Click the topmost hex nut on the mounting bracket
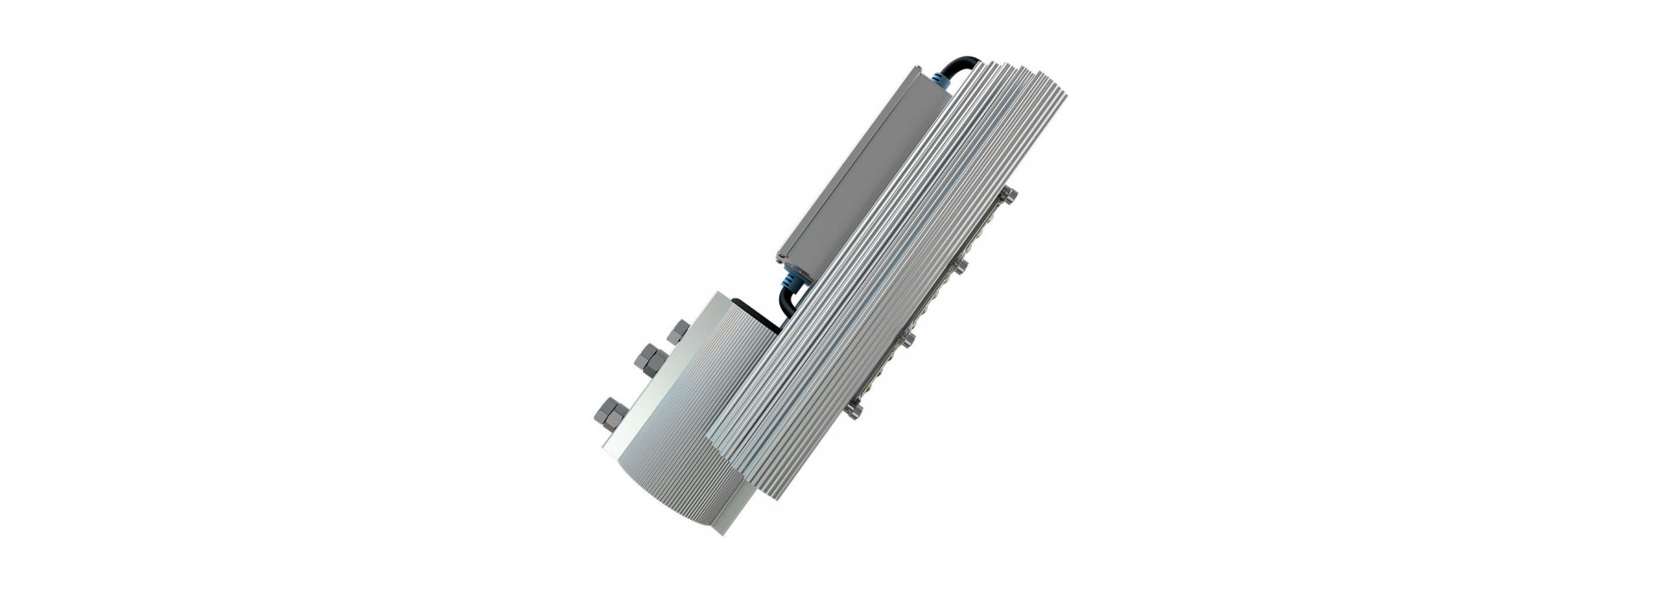coord(678,331)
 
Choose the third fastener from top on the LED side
coord(908,338)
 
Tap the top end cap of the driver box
coord(925,75)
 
